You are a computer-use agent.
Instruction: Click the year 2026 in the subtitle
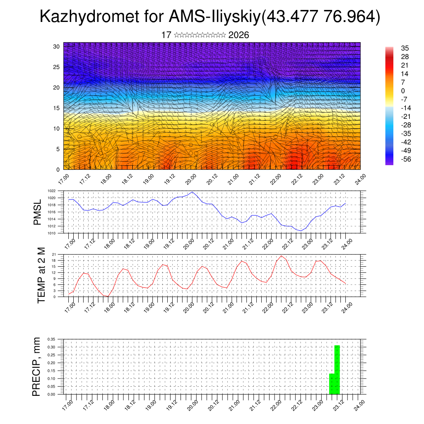tap(238, 35)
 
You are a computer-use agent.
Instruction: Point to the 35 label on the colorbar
tap(405, 48)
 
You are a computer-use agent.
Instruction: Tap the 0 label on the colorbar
tap(403, 91)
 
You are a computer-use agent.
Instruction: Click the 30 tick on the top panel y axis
tap(57, 46)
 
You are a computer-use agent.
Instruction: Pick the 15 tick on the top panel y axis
tap(57, 108)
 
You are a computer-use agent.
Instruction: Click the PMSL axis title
tap(38, 212)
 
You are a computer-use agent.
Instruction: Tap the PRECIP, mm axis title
tap(38, 366)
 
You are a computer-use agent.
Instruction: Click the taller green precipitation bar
tap(337, 369)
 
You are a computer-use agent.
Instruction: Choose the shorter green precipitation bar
tap(332, 384)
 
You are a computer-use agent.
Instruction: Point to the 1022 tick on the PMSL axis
tap(51, 191)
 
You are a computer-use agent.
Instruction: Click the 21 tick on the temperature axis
tap(54, 254)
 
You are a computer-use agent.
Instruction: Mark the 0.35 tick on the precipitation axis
tap(51, 339)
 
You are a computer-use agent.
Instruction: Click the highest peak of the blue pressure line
tap(192, 192)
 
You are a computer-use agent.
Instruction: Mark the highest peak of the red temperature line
tap(282, 256)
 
